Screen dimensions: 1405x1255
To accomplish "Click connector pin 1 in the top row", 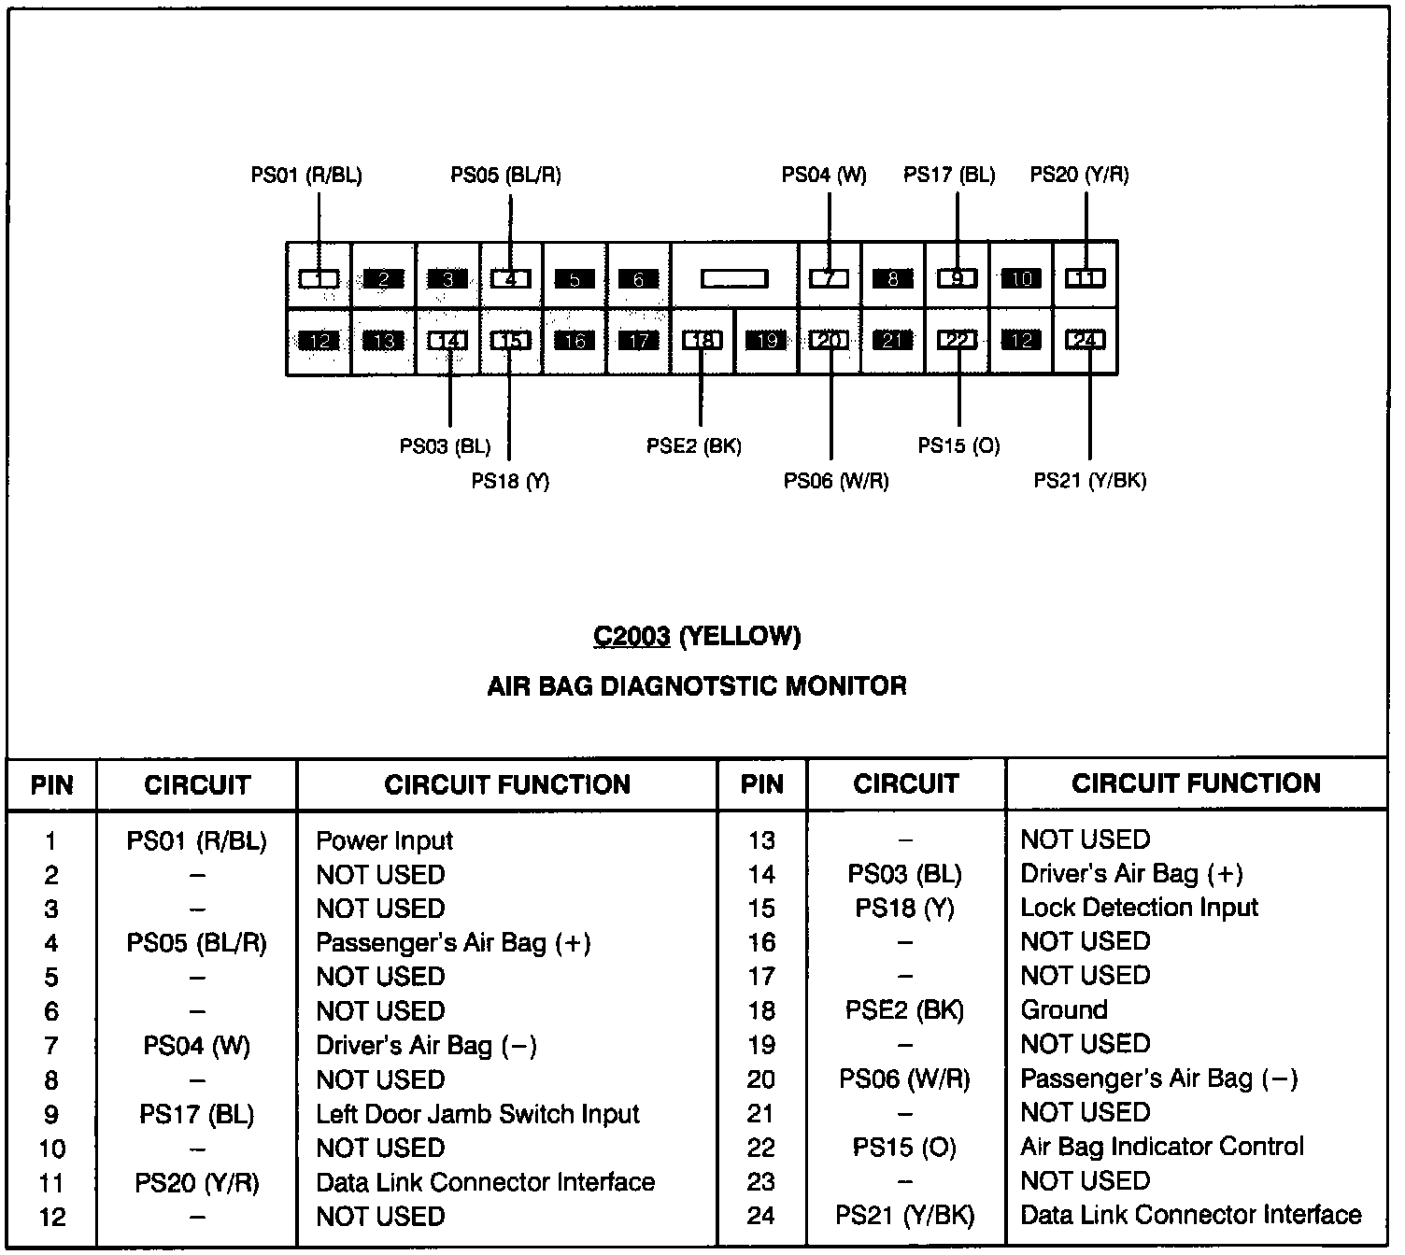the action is click(319, 278).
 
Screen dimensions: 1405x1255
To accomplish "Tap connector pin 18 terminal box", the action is click(702, 341).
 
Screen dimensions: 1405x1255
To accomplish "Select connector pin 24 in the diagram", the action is click(1086, 340).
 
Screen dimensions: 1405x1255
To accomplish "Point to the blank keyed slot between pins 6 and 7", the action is click(734, 278).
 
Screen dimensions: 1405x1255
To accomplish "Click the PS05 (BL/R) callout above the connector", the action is click(506, 175).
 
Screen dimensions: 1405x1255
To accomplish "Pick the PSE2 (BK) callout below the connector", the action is click(694, 446).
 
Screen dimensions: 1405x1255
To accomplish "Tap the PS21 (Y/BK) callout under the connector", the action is click(1090, 481).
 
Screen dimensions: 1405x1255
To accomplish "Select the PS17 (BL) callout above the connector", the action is click(949, 175).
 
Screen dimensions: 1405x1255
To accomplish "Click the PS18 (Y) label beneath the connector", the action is click(510, 481).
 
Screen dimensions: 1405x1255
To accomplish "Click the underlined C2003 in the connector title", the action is click(632, 637).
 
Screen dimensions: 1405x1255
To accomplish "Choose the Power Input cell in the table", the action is click(384, 840).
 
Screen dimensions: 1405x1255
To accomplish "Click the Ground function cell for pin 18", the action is click(1064, 1010).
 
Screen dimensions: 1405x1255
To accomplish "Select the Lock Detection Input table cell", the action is click(1139, 908).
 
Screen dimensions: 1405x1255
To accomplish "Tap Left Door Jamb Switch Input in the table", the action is click(477, 1114).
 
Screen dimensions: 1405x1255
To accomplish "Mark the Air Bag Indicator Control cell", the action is click(1162, 1147).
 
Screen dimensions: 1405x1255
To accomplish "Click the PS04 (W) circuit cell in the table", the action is click(197, 1046).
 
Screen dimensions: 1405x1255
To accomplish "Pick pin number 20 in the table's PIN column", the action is click(761, 1079).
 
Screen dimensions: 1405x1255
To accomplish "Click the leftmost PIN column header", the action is click(52, 784).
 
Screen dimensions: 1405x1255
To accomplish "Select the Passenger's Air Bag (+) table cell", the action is click(453, 943).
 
